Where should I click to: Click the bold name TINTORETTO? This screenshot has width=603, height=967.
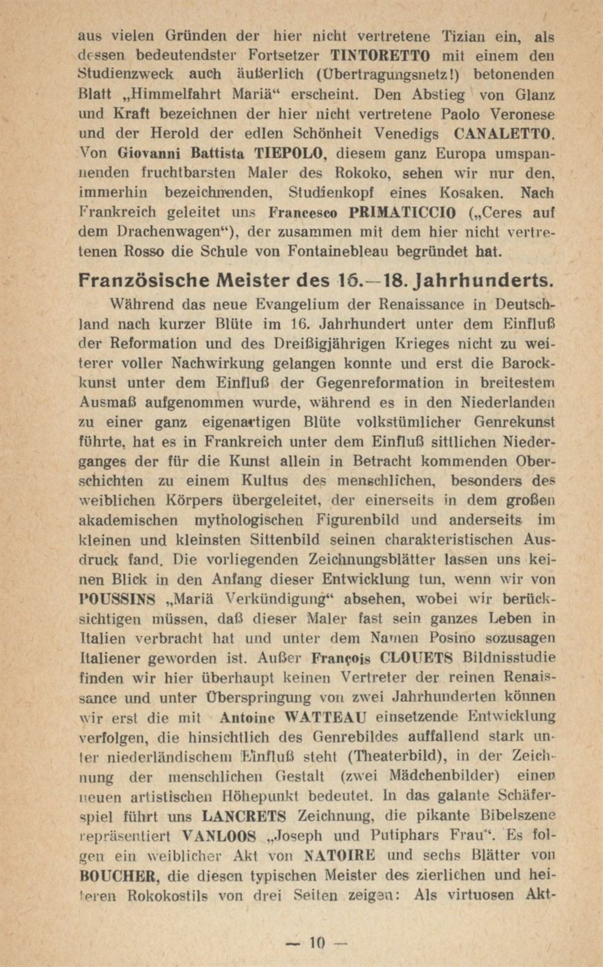(381, 55)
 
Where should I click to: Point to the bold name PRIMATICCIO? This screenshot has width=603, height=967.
(402, 213)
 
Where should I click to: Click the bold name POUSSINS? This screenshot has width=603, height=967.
(117, 599)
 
